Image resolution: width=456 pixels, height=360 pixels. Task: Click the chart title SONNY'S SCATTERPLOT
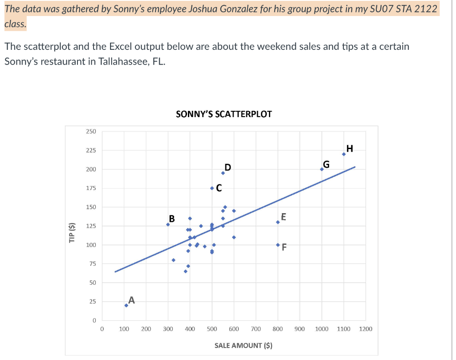[224, 114]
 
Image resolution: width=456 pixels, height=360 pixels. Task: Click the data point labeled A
[126, 305]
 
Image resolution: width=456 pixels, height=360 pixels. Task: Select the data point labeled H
[344, 154]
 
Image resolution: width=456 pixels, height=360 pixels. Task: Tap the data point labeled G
[322, 169]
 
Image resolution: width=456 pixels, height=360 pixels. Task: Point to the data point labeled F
[278, 245]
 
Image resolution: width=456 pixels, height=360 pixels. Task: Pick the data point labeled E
[278, 222]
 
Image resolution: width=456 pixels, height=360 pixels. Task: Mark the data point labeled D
[223, 173]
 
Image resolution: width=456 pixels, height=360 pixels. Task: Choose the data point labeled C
[212, 188]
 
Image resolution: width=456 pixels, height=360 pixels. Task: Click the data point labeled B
[168, 224]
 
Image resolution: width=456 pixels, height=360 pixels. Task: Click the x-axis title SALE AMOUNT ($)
[243, 345]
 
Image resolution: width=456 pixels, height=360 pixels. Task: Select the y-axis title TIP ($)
[72, 233]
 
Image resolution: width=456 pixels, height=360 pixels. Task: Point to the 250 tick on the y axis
[91, 132]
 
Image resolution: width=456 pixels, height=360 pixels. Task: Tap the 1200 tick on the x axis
[366, 329]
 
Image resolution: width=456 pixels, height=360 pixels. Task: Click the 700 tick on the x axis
[256, 329]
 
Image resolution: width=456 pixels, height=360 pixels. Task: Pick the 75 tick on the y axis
[93, 264]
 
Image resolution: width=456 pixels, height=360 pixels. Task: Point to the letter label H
[350, 148]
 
